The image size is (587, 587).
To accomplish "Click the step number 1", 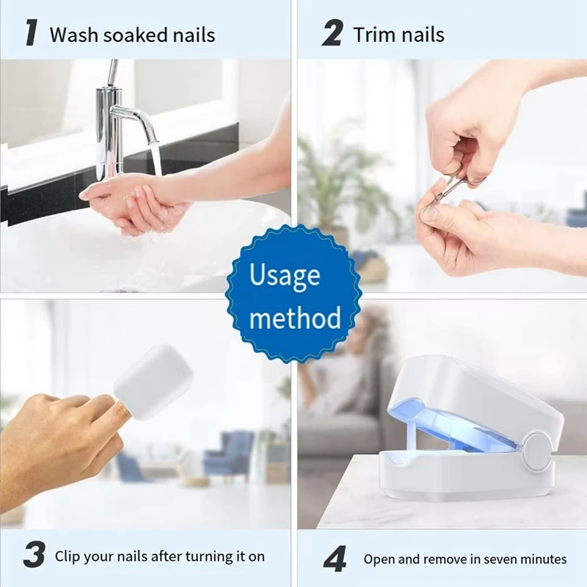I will [x=32, y=34].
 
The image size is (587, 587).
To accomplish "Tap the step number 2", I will [x=333, y=34].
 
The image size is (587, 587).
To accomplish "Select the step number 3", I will [x=33, y=555].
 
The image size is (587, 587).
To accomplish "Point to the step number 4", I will [x=335, y=560].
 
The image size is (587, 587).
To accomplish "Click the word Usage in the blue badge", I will [x=285, y=276].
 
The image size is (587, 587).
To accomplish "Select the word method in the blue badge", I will [x=295, y=318].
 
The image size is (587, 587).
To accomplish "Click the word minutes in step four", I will [x=544, y=559].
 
